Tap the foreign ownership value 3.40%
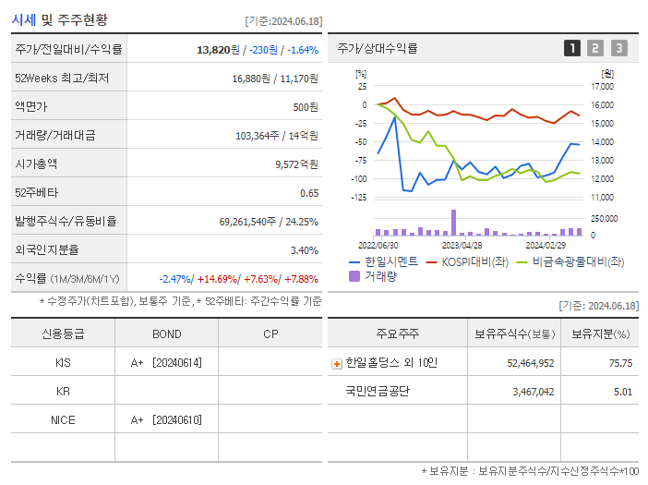click(304, 249)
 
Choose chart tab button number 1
click(572, 48)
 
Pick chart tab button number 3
click(618, 48)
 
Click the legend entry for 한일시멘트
click(384, 261)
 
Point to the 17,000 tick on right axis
click(601, 87)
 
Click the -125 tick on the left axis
click(359, 197)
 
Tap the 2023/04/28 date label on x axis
click(462, 245)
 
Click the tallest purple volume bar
click(453, 223)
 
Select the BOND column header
click(166, 333)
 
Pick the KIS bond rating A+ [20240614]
click(166, 362)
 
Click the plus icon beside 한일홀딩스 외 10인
click(337, 363)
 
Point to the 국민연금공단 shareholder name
click(378, 392)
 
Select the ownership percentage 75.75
click(620, 363)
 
